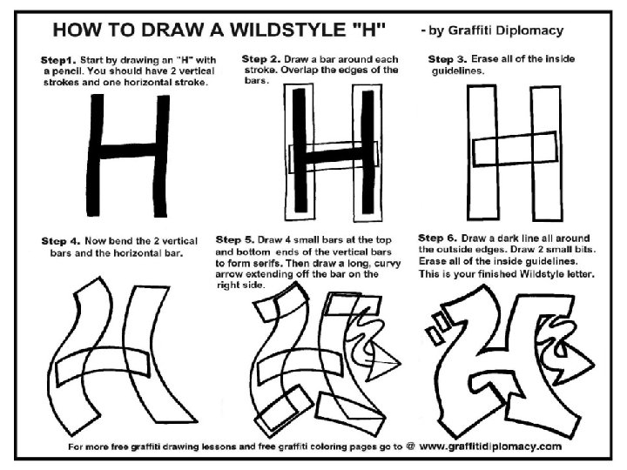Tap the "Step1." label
(58, 60)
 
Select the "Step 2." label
(261, 59)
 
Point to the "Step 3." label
(448, 59)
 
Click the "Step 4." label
(61, 241)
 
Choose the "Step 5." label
(235, 240)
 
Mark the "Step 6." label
(437, 238)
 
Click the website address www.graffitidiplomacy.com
(490, 446)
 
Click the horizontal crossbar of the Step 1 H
(128, 151)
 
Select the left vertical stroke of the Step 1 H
(95, 155)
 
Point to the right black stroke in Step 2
(367, 151)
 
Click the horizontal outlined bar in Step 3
(515, 148)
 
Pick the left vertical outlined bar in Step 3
(483, 152)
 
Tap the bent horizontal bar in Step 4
(103, 365)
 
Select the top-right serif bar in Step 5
(352, 305)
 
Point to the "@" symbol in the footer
(410, 446)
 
